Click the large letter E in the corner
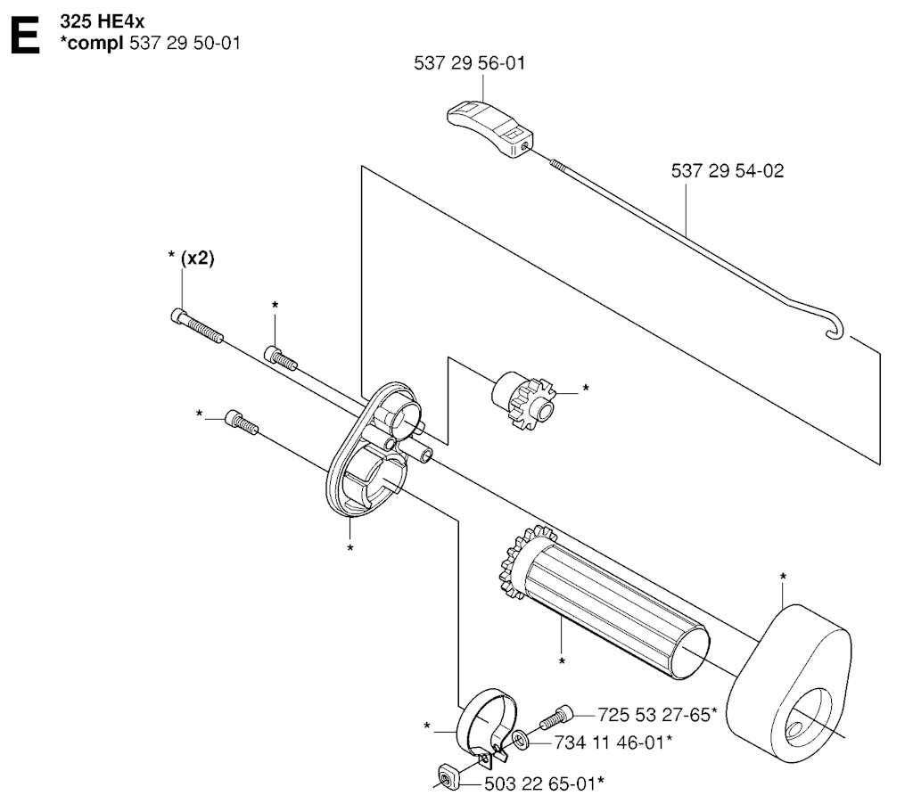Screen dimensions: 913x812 coord(26,35)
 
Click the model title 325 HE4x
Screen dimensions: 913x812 coord(102,21)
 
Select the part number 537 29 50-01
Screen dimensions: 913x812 coord(185,43)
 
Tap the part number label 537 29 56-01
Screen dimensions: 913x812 coord(469,63)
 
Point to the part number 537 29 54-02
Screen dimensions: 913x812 coord(728,170)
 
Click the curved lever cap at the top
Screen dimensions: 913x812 coord(489,129)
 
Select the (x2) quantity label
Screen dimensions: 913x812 coord(197,258)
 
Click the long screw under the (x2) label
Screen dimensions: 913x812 coord(197,326)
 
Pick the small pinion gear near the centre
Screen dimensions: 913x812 coord(522,400)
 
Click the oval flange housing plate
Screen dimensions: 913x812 coord(375,449)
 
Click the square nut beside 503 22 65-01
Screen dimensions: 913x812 coord(448,777)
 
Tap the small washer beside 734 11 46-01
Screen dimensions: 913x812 coord(520,741)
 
